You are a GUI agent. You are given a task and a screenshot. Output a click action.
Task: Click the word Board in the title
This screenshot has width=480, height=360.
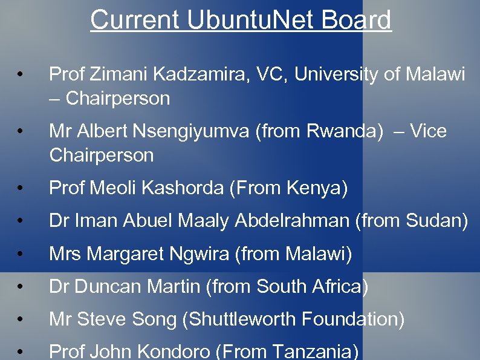pyautogui.click(x=357, y=20)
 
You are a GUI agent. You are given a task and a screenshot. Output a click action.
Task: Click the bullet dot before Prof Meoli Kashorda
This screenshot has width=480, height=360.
pyautogui.click(x=21, y=190)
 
